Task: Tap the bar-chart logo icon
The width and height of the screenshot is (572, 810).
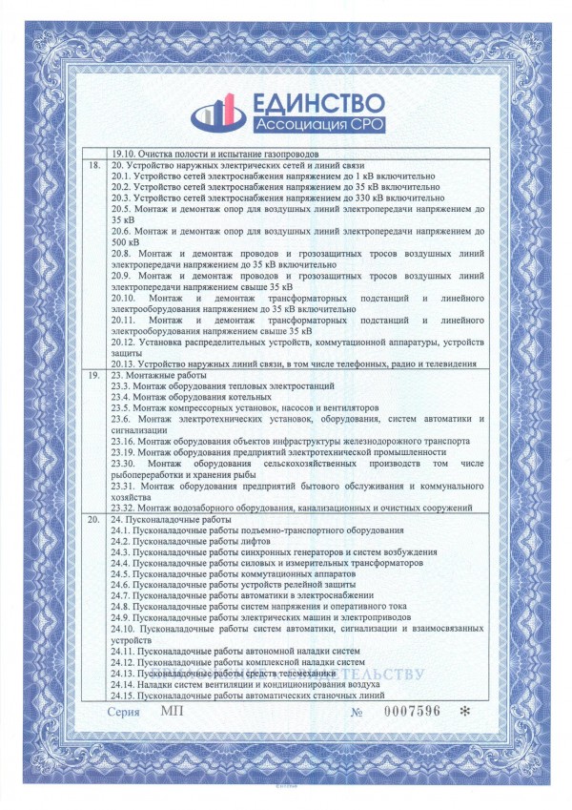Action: (x=217, y=114)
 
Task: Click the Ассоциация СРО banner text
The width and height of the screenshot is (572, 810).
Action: (x=319, y=125)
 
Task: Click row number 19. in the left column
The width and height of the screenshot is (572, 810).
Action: (x=93, y=377)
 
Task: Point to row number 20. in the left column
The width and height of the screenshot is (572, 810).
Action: (x=93, y=519)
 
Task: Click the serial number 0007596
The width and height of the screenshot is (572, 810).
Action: (x=411, y=712)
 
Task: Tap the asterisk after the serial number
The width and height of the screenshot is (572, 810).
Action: (x=464, y=712)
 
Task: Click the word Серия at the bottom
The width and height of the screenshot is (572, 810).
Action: (x=123, y=712)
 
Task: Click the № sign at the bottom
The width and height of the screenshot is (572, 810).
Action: (x=357, y=712)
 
